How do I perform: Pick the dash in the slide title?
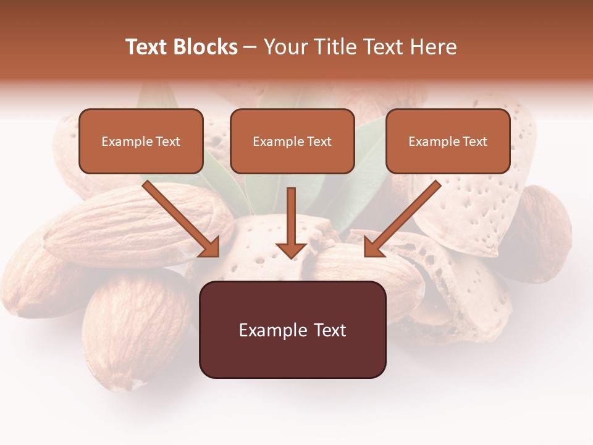(x=251, y=48)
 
